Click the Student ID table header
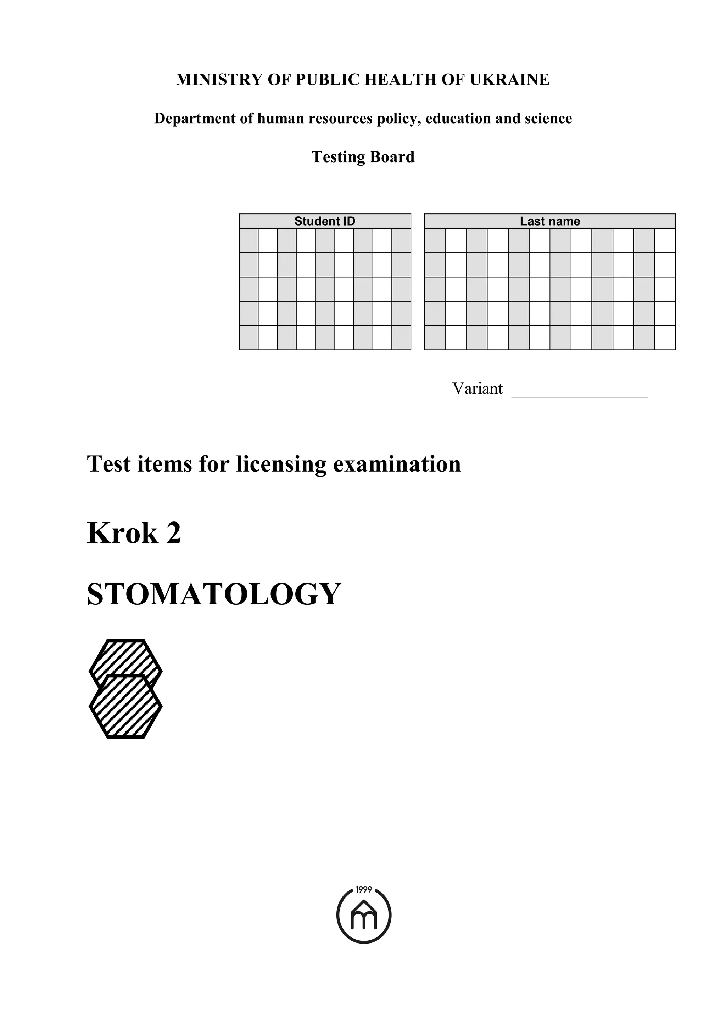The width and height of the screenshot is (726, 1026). [325, 221]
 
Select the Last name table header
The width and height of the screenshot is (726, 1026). [550, 221]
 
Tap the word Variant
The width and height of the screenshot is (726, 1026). [477, 388]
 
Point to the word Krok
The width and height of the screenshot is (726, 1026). [123, 533]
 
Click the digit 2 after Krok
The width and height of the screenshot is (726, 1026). [174, 533]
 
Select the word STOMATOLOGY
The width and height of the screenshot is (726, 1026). [214, 595]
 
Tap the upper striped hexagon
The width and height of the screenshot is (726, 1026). [126, 656]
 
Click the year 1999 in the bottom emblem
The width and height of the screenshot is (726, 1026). [364, 889]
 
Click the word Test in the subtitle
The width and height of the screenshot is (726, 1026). [109, 464]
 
